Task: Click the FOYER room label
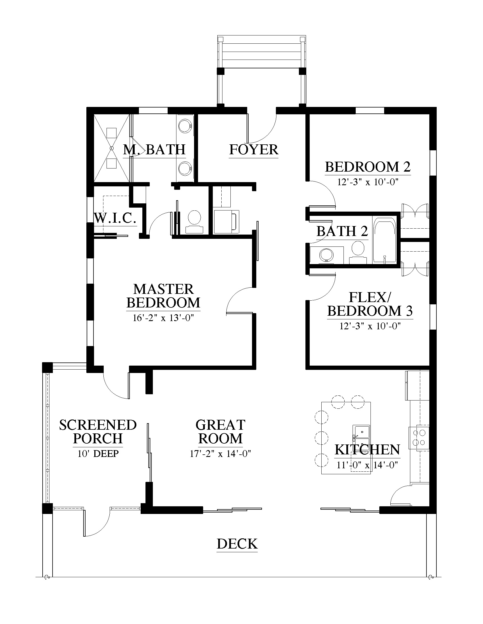coord(253,150)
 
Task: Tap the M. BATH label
coord(154,150)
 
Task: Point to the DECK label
coord(237,544)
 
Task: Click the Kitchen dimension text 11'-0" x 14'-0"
coord(367,465)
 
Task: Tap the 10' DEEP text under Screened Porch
coord(98,454)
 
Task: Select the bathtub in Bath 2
coord(384,241)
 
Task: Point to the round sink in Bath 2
coord(326,254)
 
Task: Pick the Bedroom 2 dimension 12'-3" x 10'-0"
coord(368,182)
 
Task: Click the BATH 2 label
coord(342,231)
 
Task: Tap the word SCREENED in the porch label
coord(98,425)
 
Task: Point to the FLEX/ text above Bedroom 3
coord(369,298)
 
